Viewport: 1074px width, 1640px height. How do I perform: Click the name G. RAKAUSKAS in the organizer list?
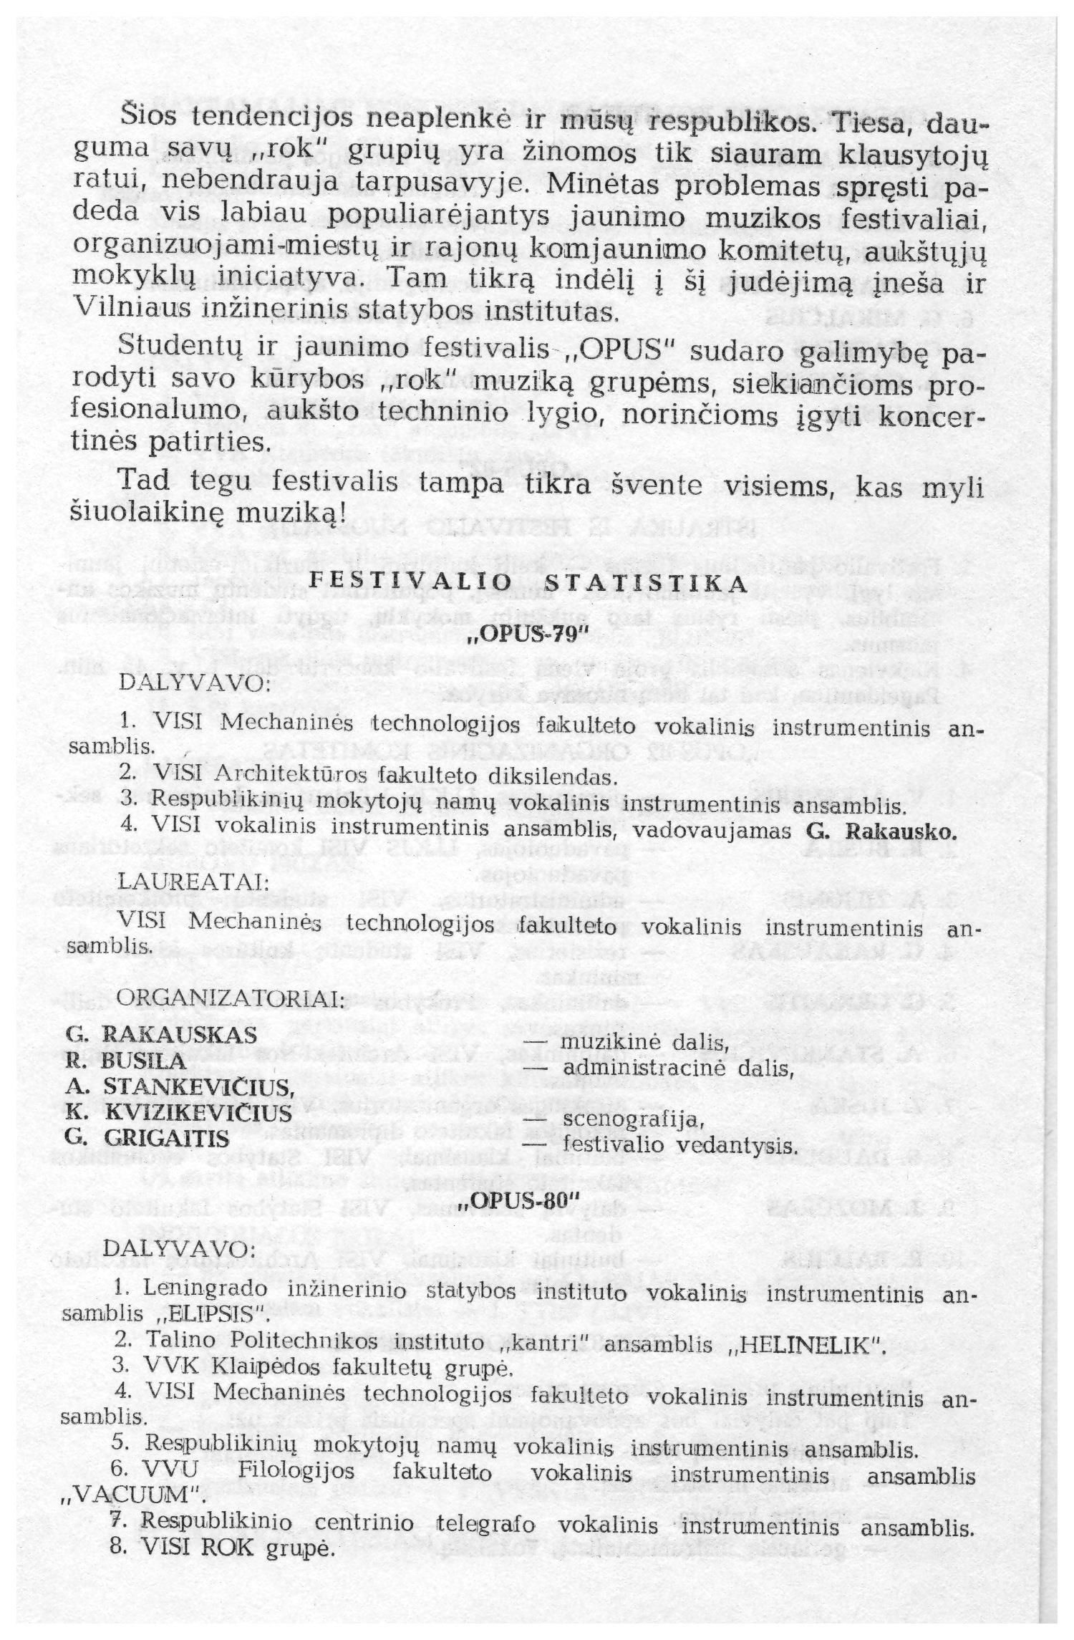pos(161,1035)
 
